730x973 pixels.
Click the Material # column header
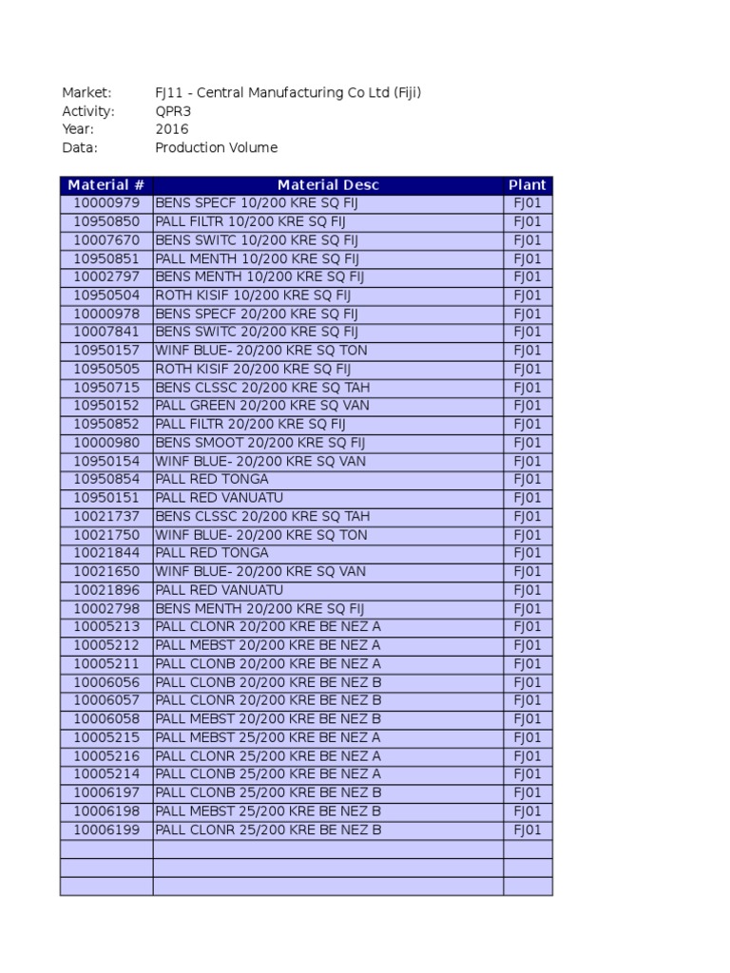click(106, 185)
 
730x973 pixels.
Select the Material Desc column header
click(328, 185)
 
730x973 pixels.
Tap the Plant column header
click(528, 185)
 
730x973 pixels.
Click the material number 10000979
click(106, 203)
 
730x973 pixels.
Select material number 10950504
click(106, 296)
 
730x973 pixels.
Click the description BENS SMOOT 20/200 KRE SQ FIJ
click(259, 443)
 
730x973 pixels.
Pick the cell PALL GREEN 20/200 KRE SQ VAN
click(262, 406)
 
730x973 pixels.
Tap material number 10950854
click(106, 480)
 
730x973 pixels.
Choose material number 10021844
click(106, 553)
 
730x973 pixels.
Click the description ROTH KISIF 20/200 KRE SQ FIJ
click(253, 369)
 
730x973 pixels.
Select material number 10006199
click(106, 830)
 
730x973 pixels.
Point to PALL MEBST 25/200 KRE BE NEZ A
click(268, 737)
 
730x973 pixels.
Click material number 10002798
click(106, 608)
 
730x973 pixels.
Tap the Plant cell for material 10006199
click(528, 830)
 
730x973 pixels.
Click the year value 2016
click(172, 129)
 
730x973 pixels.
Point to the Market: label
click(86, 93)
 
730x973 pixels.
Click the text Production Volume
click(217, 147)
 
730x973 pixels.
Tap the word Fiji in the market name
click(403, 93)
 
